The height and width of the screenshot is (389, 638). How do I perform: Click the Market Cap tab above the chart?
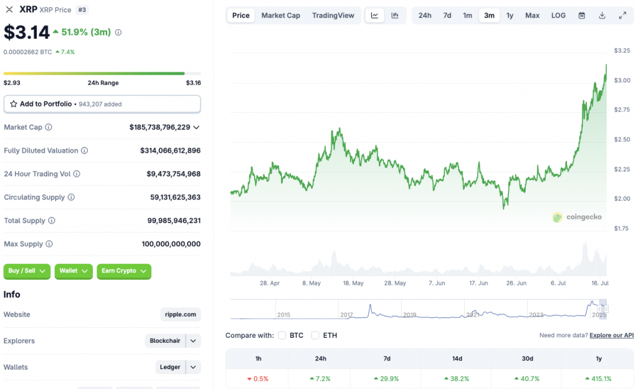coord(280,16)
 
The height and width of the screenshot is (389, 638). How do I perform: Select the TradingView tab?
coord(333,16)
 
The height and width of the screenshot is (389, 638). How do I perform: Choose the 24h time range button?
coord(425,16)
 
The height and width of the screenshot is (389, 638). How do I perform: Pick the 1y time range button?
coord(510,16)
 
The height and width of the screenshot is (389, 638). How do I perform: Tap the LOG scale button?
coord(558,16)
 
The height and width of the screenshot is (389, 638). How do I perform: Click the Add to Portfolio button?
coord(102,104)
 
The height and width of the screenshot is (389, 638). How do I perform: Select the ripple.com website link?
coord(181,315)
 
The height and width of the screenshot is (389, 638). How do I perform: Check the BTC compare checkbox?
coord(282,335)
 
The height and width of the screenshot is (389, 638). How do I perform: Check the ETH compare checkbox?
coord(315,335)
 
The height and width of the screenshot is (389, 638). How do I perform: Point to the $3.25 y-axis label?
coord(621,50)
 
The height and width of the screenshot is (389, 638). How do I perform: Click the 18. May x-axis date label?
coord(353,283)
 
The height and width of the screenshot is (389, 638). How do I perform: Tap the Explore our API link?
coord(612,335)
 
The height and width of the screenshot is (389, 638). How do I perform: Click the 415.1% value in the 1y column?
coord(598,378)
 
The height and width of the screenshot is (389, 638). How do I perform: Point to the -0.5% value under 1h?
coord(258,378)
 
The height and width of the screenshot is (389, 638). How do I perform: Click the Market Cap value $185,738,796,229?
coord(160,127)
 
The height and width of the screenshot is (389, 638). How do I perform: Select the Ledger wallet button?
coord(170,367)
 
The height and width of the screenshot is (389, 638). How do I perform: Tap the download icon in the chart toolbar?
coord(602,16)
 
